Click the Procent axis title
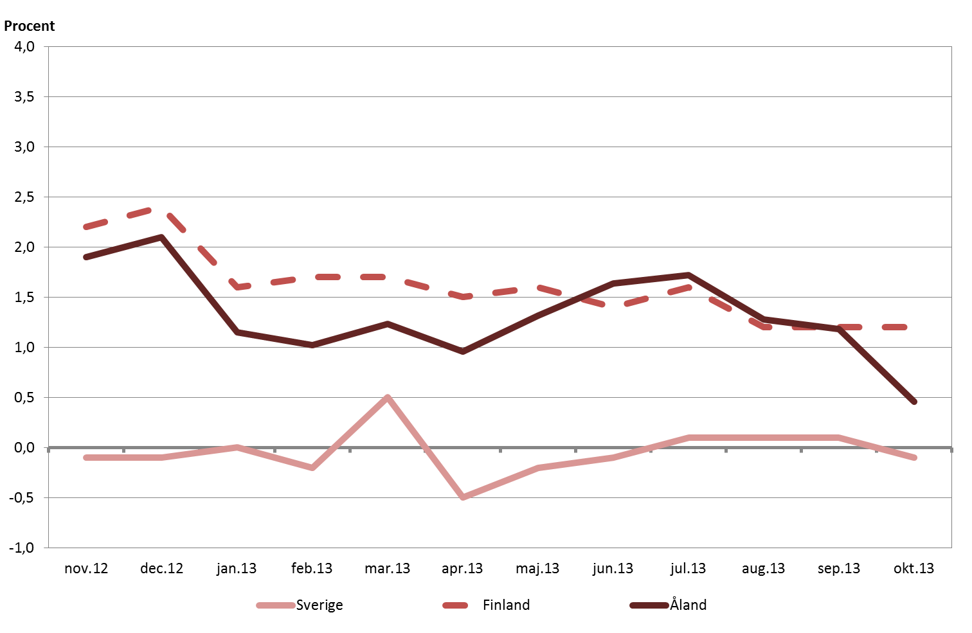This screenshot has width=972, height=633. [30, 26]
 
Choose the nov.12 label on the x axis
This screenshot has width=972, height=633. [86, 569]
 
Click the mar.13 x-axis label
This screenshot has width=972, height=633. [387, 569]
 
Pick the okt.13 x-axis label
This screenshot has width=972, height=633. [914, 569]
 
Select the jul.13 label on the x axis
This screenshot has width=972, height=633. [688, 569]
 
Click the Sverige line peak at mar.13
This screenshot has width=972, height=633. [387, 398]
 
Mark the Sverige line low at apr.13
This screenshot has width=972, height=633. [463, 497]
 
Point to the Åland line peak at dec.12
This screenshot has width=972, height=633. [161, 237]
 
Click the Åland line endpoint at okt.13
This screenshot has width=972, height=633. [914, 402]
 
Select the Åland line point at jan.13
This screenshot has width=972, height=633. [237, 332]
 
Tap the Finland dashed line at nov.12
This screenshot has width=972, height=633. [86, 227]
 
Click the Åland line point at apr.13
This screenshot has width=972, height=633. [463, 352]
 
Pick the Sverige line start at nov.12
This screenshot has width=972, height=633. [86, 458]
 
